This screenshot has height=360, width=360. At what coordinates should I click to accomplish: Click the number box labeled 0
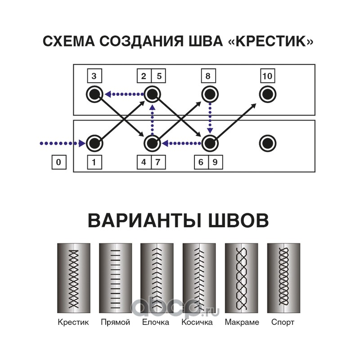pos(59,162)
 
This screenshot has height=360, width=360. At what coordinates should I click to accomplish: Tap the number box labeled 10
pos(267,76)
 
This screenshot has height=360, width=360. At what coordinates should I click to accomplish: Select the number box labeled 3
pos(94,76)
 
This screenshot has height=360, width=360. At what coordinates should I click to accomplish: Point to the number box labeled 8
pos(208,76)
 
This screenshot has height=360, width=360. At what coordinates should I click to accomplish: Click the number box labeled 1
pos(94,162)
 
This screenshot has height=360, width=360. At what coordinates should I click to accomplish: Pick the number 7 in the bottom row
pos(158,162)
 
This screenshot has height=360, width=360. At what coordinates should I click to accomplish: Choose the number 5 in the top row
pos(158,76)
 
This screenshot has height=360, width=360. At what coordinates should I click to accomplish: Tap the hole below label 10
pos(267,94)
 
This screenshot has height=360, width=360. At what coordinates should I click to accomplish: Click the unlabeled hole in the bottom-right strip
pos(267,144)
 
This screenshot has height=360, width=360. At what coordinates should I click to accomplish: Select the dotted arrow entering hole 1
pos(63,144)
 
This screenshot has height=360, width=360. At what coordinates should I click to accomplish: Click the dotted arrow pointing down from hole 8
pos(210,118)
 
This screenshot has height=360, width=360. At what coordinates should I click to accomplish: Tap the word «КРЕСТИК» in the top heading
pos(271,41)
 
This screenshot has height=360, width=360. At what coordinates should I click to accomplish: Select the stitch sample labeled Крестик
pos(74,278)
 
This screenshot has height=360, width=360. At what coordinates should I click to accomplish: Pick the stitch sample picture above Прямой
pos(116,278)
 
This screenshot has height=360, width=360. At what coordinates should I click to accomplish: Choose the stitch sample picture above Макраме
pos(242,278)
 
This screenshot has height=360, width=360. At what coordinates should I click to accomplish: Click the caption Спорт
pos(283,322)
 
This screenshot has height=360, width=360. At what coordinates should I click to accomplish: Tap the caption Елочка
pos(156,322)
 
